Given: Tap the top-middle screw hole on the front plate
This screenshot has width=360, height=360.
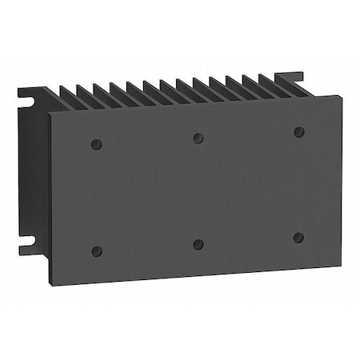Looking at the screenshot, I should coord(198,137).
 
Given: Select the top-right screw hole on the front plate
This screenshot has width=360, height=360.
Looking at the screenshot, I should coord(298,131).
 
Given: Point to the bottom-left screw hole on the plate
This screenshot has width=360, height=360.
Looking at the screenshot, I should coord(97,250).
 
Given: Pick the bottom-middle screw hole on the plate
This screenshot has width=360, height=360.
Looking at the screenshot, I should coord(198,243).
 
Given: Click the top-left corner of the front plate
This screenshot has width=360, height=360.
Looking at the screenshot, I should coord(51,114).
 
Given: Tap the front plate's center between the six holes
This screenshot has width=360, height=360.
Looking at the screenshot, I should coord(198,190).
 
